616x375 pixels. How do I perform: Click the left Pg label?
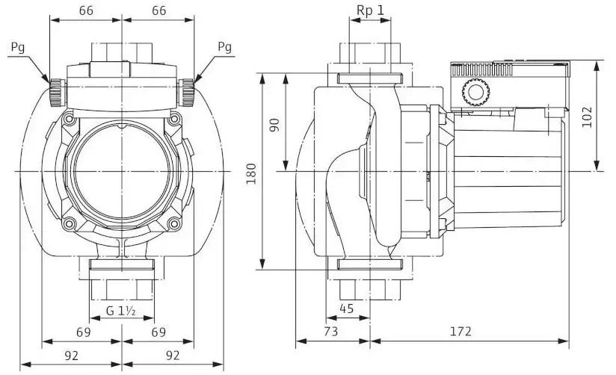(22, 47)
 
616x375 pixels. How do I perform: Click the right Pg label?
(224, 47)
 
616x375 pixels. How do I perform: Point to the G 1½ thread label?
(120, 309)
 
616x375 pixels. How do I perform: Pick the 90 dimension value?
(274, 124)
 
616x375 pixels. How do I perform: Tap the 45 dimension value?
(348, 308)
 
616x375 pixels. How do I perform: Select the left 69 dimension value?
(84, 331)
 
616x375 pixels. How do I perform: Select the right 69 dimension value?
(158, 331)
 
